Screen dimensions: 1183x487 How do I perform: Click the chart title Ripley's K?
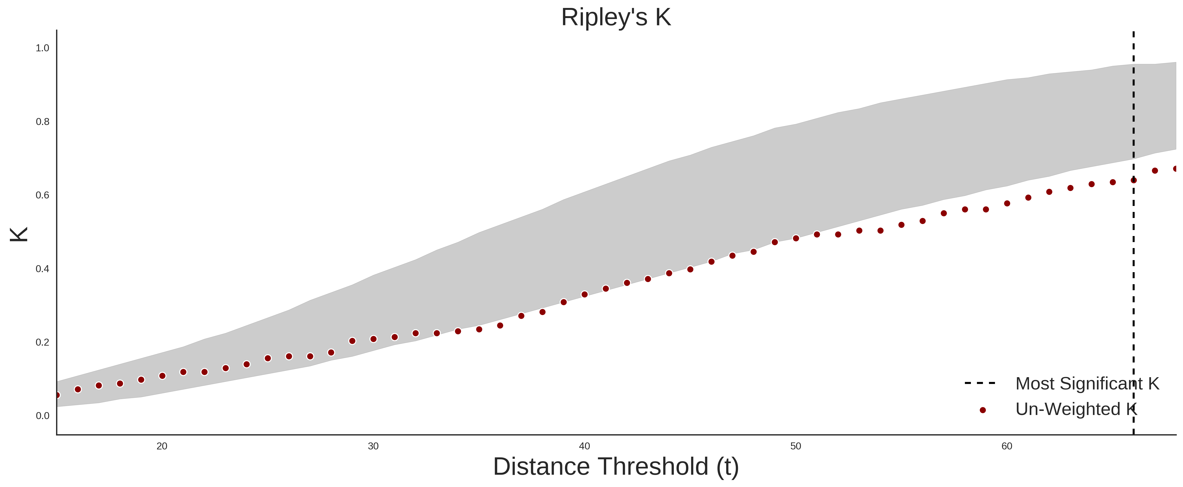616,17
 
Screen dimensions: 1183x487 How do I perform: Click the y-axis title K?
19,234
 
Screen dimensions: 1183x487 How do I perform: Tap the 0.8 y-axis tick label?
43,122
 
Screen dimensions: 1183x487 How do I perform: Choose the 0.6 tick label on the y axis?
43,195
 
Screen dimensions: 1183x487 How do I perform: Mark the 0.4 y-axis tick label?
43,269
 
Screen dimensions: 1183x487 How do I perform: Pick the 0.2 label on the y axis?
43,342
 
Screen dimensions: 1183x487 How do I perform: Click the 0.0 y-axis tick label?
43,416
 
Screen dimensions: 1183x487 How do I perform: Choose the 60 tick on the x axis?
1007,446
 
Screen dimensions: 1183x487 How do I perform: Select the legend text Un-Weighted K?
1076,409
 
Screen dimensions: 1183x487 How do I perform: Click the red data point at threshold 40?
585,295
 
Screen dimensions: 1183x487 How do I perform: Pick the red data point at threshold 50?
796,238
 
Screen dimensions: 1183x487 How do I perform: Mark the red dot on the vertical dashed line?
1133,180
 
